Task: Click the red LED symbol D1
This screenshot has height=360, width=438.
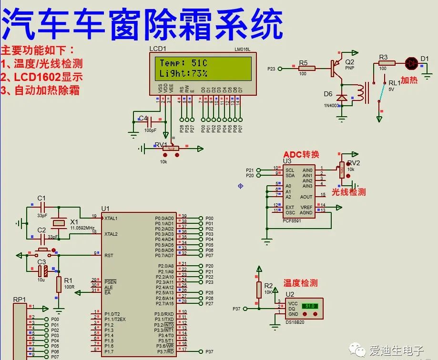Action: click(411, 62)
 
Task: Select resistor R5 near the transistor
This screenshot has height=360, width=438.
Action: click(307, 69)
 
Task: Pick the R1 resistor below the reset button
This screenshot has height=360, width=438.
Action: click(59, 284)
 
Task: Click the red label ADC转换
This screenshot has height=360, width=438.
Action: click(301, 154)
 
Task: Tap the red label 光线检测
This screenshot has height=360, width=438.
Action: click(349, 192)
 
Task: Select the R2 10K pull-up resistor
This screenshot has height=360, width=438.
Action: click(259, 289)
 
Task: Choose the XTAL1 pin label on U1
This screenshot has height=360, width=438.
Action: click(112, 218)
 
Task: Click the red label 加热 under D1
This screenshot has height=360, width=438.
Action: click(408, 80)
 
